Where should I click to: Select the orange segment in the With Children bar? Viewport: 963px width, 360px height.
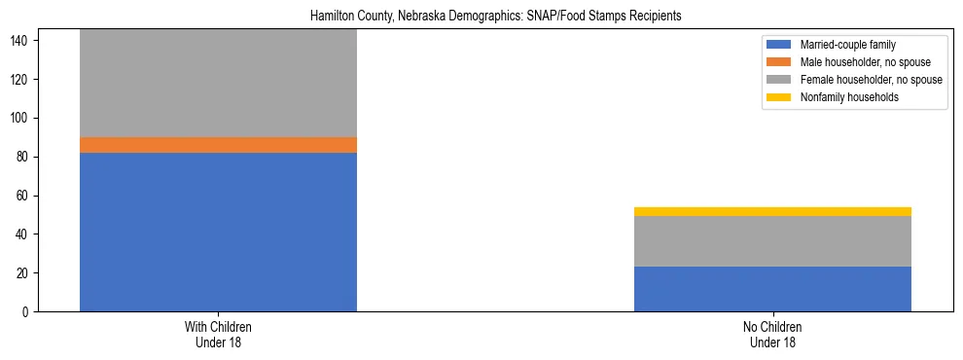[x=218, y=145]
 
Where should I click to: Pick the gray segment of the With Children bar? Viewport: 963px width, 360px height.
[x=218, y=84]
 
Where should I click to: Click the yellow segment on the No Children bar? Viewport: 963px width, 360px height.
[x=772, y=211]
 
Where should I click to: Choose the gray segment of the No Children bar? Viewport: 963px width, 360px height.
[x=772, y=241]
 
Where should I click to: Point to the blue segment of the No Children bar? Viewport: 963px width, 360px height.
[x=772, y=289]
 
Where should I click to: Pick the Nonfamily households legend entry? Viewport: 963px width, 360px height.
[x=843, y=97]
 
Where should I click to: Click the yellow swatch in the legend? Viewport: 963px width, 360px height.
[x=780, y=97]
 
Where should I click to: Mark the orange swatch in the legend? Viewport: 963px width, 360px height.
[x=780, y=62]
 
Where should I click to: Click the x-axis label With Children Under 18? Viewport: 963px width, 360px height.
[x=218, y=335]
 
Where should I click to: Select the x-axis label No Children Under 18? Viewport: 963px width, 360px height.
[x=772, y=335]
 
